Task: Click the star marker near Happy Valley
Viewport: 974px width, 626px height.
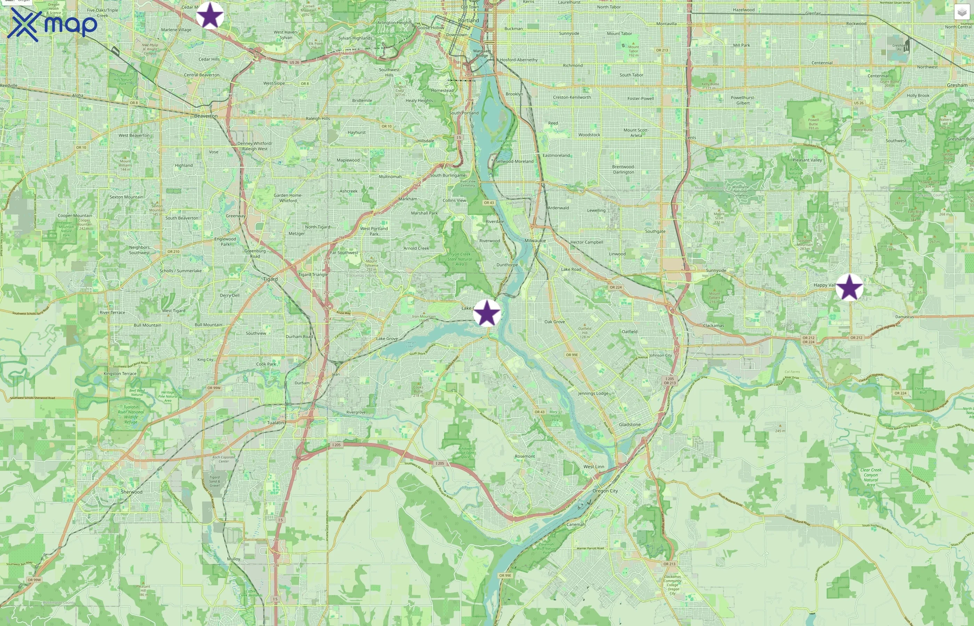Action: click(849, 287)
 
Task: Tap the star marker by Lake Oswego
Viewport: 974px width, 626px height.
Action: click(487, 313)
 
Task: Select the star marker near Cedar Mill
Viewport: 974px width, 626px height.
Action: click(210, 15)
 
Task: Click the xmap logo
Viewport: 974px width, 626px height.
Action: click(53, 24)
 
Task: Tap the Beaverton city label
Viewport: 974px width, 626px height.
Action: click(206, 116)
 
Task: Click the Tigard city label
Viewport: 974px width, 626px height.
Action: click(270, 279)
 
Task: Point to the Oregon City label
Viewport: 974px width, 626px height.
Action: click(605, 491)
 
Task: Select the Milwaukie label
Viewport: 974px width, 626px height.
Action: click(535, 241)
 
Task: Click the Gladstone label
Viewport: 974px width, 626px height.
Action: click(630, 424)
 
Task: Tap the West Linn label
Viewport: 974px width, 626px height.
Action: click(594, 467)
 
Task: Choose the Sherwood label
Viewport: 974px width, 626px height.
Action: click(132, 492)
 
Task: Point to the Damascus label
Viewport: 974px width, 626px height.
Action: click(904, 317)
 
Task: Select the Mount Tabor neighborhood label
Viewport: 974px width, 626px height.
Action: click(619, 34)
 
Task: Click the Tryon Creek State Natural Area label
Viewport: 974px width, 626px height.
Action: click(460, 259)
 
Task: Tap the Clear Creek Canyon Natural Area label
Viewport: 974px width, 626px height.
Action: click(871, 477)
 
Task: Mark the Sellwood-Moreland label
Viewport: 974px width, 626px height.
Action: click(514, 161)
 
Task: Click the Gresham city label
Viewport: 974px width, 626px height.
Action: click(957, 85)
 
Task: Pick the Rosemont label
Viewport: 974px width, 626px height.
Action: click(525, 456)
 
